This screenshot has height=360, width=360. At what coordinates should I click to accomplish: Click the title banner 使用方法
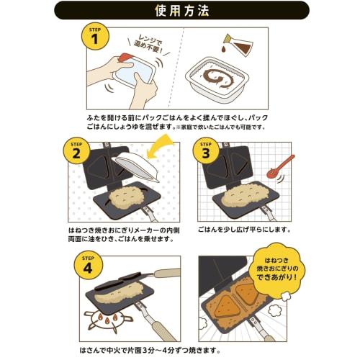(x=180, y=12)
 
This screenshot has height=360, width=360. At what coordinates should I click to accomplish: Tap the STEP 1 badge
(x=94, y=37)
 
